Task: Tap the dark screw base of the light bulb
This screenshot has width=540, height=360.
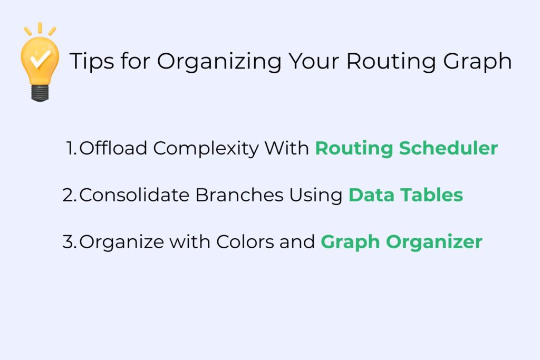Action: [40, 93]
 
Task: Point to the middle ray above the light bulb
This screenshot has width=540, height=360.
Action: [40, 27]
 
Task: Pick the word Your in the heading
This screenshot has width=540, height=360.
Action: [313, 61]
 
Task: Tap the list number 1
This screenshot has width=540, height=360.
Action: [72, 149]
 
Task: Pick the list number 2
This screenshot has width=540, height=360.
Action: [69, 195]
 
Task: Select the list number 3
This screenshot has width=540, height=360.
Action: [69, 242]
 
